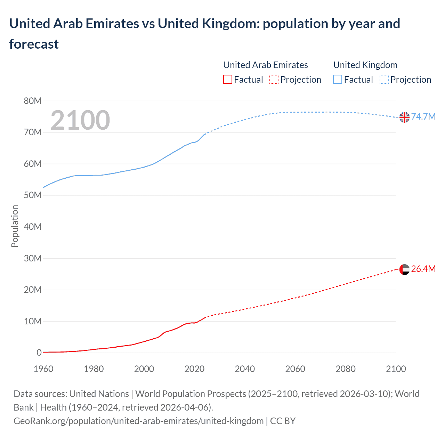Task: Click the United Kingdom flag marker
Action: point(404,118)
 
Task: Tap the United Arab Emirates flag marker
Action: point(404,269)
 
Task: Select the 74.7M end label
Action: point(423,116)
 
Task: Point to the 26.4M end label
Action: point(423,269)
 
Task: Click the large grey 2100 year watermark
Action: point(80,120)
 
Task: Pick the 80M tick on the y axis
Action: point(33,101)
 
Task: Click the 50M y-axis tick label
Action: point(33,195)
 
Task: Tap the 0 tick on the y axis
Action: point(39,353)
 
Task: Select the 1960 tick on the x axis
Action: point(43,369)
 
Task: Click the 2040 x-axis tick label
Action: point(245,369)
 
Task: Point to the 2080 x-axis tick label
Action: point(346,369)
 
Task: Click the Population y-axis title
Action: point(15,226)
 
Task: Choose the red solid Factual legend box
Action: point(228,80)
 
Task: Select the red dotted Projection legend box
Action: point(274,80)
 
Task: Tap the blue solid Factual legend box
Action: point(338,80)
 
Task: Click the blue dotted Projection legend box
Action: point(384,80)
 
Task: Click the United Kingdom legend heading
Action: point(365,65)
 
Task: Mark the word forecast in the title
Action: point(34,44)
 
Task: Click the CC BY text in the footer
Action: point(283,421)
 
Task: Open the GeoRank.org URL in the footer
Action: point(138,421)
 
